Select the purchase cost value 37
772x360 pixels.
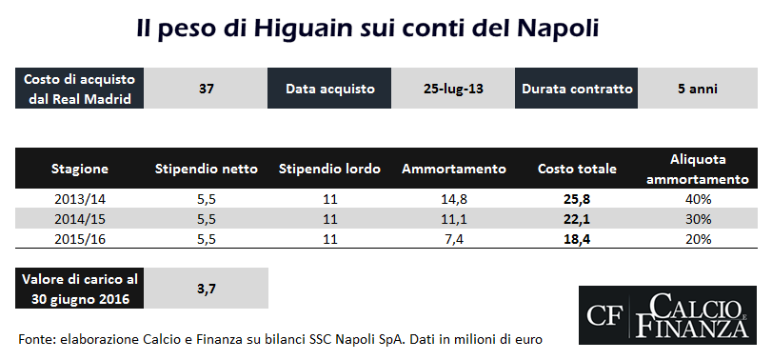tap(206, 89)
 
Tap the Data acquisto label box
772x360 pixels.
tap(329, 89)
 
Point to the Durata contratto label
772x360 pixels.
tap(577, 89)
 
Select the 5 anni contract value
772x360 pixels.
tap(697, 89)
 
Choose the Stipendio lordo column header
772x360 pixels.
tap(329, 170)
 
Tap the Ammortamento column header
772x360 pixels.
tap(453, 170)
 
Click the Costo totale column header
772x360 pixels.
tap(577, 170)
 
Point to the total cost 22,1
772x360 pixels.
tap(577, 219)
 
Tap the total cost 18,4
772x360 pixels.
tap(577, 239)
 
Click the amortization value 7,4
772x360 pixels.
tap(453, 239)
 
